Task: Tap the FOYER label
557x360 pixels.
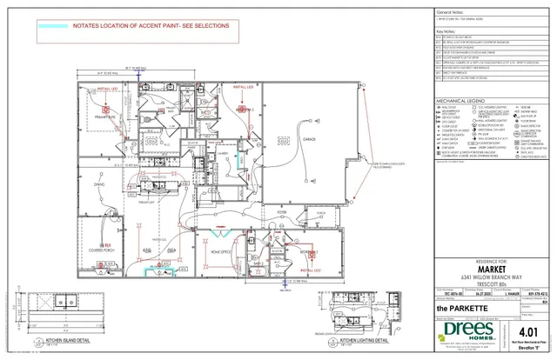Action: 282,211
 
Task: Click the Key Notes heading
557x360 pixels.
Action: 446,31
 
